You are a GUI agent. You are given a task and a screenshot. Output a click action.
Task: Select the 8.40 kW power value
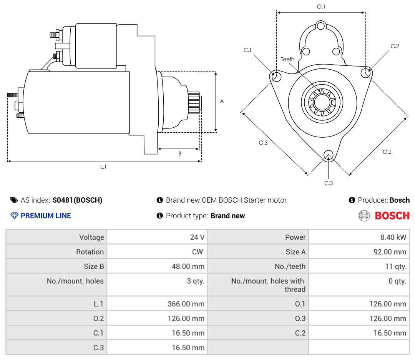(393, 237)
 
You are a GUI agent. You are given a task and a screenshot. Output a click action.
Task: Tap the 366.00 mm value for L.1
(186, 303)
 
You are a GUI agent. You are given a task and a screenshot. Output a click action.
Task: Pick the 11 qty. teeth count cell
(396, 266)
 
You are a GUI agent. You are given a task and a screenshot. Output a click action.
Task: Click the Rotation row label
(90, 252)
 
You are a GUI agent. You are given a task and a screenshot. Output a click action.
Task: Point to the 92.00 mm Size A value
(390, 252)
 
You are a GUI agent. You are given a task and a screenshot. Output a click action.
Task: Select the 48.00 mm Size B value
(188, 266)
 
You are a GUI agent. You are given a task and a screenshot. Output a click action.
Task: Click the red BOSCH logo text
(392, 216)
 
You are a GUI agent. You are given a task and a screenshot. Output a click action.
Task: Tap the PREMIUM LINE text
(46, 216)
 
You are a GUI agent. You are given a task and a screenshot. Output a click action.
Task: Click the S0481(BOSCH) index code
(77, 200)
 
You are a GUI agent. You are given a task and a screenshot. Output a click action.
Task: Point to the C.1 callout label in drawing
(247, 50)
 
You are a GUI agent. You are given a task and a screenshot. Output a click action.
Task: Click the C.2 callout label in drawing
(395, 46)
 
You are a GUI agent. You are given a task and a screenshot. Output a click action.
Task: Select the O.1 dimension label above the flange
(321, 7)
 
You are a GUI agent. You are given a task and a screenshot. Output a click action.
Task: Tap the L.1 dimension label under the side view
(103, 167)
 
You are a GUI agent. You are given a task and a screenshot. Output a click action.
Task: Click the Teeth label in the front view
(287, 59)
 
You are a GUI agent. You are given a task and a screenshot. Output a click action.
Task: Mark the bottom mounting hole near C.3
(329, 155)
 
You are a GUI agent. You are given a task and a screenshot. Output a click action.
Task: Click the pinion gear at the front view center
(322, 102)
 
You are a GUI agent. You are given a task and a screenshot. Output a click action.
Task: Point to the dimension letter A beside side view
(222, 101)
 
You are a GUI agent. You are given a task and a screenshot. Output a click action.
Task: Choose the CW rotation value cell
(198, 252)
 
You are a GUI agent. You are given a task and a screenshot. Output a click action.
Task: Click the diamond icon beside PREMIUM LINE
(14, 216)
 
